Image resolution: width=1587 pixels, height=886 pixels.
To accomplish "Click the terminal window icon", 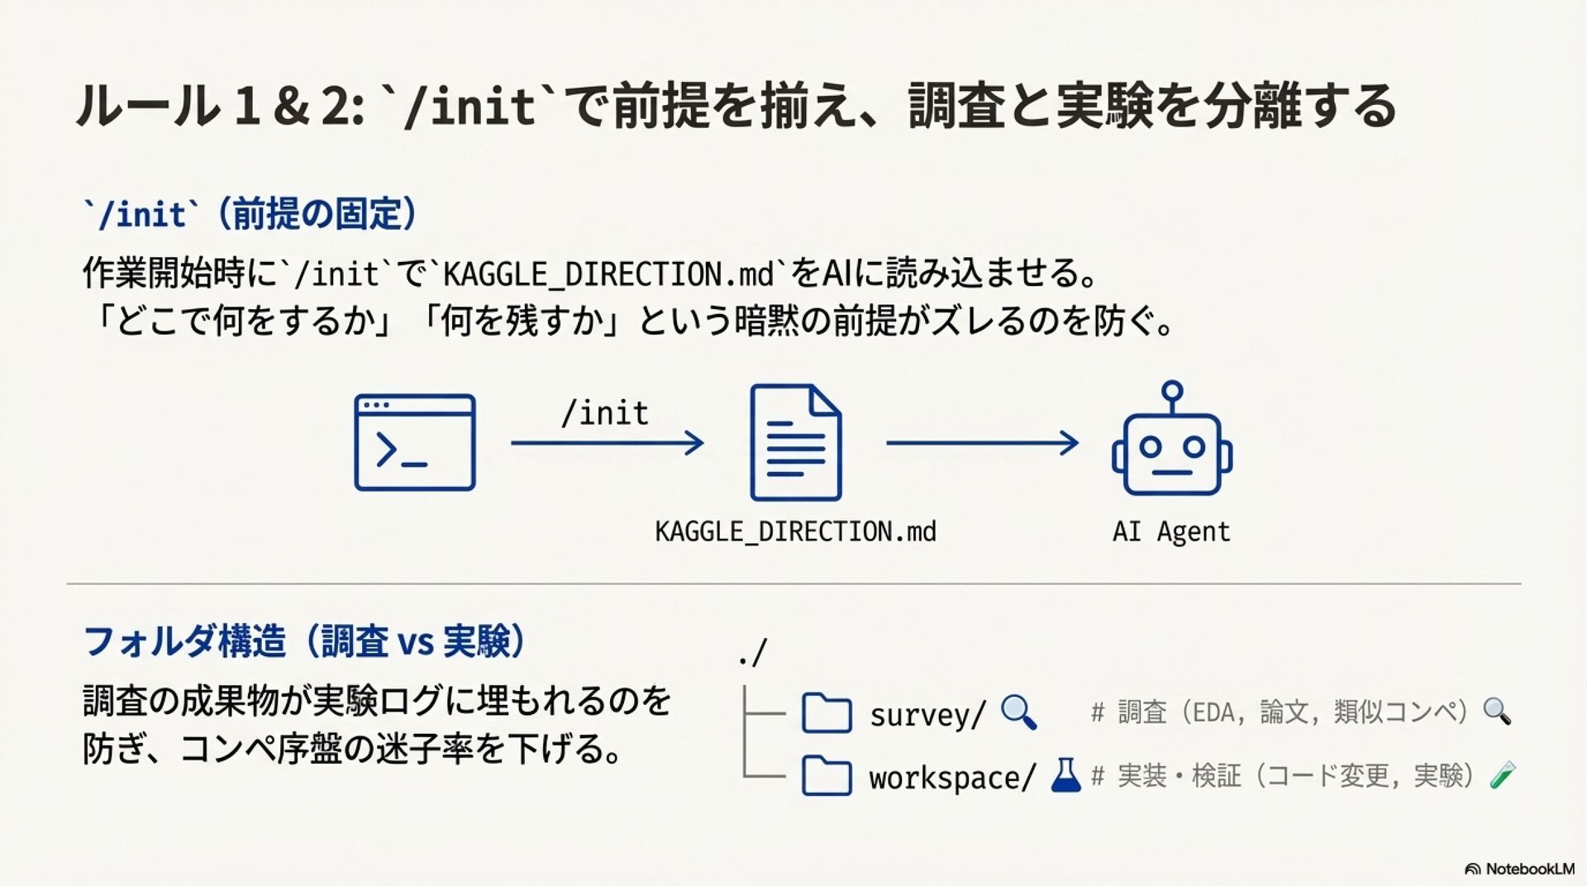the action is pyautogui.click(x=415, y=443).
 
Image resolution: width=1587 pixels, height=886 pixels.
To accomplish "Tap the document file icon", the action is pyautogui.click(x=795, y=443).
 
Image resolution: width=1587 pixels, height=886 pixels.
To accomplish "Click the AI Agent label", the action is pyautogui.click(x=1171, y=531).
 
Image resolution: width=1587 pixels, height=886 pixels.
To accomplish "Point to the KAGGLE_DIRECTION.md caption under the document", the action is pyautogui.click(x=795, y=531).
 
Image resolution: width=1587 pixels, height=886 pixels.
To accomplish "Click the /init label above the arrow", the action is pyautogui.click(x=605, y=413).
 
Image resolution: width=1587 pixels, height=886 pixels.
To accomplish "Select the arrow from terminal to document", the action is pyautogui.click(x=608, y=443).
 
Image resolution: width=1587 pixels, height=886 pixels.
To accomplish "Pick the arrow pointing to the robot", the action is pyautogui.click(x=982, y=443).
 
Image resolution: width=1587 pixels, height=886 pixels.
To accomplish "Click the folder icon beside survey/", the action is pyautogui.click(x=827, y=713).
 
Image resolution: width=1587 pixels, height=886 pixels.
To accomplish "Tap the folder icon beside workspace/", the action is pyautogui.click(x=827, y=776).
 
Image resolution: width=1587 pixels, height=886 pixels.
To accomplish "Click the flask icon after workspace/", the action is pyautogui.click(x=1065, y=776).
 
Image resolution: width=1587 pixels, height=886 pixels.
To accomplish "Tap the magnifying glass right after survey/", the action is pyautogui.click(x=1018, y=712).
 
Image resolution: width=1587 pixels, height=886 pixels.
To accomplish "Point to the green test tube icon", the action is pyautogui.click(x=1502, y=775).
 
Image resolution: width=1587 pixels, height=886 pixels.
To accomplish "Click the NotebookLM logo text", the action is pyautogui.click(x=1529, y=869).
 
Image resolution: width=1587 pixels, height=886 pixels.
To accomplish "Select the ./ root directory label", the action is pyautogui.click(x=753, y=653).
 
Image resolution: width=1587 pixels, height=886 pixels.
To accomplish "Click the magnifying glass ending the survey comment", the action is pyautogui.click(x=1497, y=711).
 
